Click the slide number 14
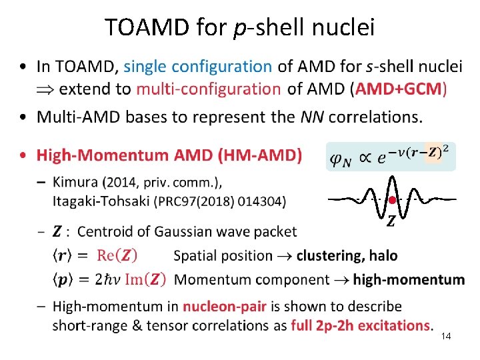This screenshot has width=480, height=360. [x=446, y=337]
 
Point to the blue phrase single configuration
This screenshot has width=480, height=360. [x=197, y=67]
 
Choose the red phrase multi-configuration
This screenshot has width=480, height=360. [x=208, y=89]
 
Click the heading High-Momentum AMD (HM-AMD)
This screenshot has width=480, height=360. [x=169, y=156]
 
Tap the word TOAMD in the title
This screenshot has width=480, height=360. [x=143, y=27]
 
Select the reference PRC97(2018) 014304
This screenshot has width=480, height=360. [x=213, y=200]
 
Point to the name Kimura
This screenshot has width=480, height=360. [x=76, y=183]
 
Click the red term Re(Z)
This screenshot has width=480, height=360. [x=127, y=255]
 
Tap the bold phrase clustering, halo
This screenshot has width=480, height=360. [x=347, y=255]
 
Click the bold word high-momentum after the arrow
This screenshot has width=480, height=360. [x=409, y=280]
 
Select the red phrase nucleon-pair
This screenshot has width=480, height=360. [x=225, y=307]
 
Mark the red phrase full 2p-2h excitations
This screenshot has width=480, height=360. [x=361, y=326]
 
